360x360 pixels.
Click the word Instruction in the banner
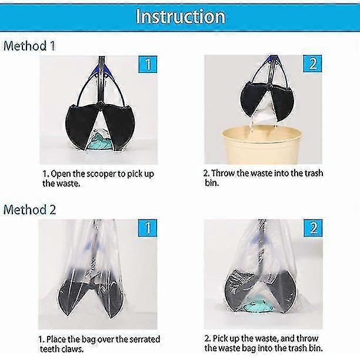(x=181, y=16)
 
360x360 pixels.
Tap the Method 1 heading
(x=29, y=46)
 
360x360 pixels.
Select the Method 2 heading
(x=29, y=209)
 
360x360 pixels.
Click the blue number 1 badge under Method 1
(x=148, y=64)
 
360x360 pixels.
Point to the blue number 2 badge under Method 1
(x=312, y=64)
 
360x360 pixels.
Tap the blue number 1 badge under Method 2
(x=148, y=228)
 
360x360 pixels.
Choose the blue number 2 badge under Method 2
(x=313, y=228)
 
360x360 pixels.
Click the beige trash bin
(x=262, y=145)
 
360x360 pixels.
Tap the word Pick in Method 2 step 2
(x=219, y=338)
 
